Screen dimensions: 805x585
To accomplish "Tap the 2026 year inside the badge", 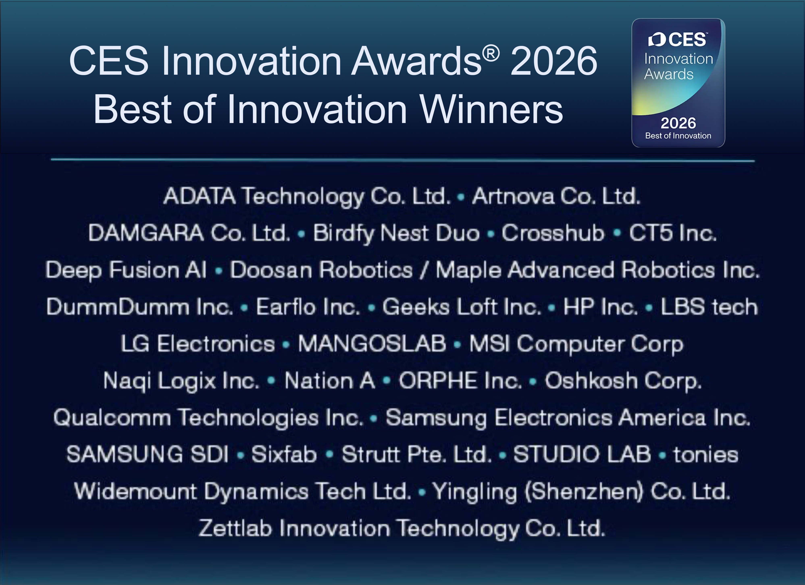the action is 678,123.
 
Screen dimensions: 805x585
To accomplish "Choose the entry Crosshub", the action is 553,233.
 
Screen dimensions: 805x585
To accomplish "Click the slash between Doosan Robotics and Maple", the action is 424,270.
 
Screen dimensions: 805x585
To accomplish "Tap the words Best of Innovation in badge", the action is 678,136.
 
